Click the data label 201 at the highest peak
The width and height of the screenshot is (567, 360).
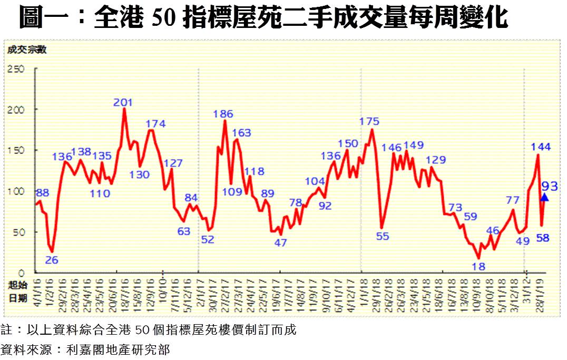(x=123, y=102)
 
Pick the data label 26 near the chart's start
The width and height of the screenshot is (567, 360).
(x=51, y=260)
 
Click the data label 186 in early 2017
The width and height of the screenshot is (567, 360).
(x=223, y=113)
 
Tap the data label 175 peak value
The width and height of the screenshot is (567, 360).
(x=369, y=122)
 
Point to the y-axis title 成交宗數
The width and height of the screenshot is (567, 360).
(x=26, y=51)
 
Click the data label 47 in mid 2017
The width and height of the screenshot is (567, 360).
(x=281, y=243)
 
